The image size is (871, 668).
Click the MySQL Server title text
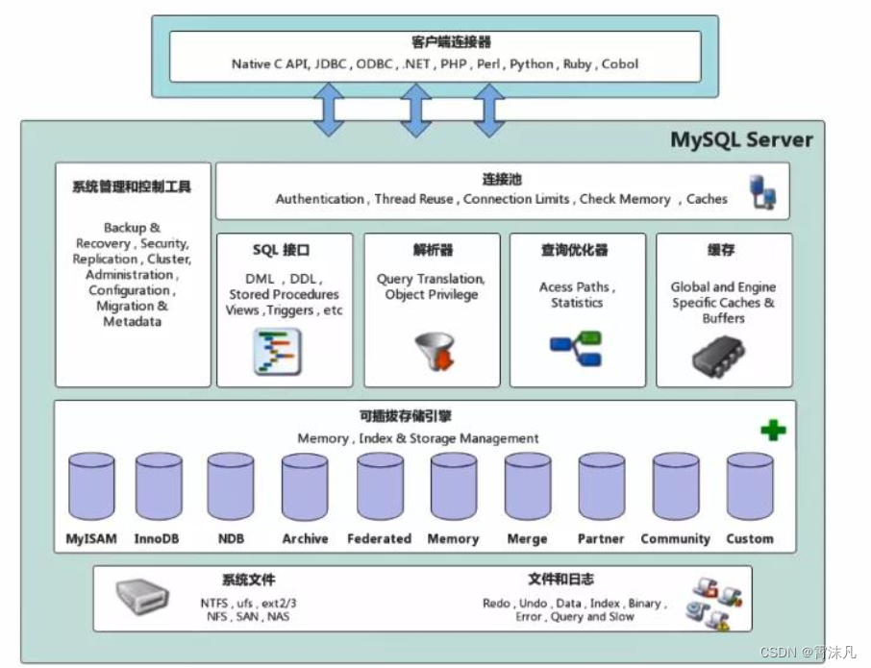pos(741,139)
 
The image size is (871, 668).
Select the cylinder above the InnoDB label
pos(159,487)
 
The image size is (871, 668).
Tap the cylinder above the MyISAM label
pos(92,487)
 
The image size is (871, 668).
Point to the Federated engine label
pos(379,539)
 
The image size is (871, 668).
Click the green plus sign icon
pos(772,430)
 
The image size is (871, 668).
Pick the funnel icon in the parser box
pos(434,352)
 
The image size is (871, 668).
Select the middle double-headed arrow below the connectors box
pos(415,110)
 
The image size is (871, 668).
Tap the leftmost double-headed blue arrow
pos(330,110)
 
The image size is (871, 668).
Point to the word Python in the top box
pos(532,64)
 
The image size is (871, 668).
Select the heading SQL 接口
pos(281,251)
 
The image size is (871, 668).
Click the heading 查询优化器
pos(574,251)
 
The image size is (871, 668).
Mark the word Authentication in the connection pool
pos(320,199)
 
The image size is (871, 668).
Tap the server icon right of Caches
pos(763,190)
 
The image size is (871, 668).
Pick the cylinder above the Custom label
pos(750,487)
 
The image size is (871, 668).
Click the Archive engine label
pos(305,539)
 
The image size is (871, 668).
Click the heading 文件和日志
pos(560,580)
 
